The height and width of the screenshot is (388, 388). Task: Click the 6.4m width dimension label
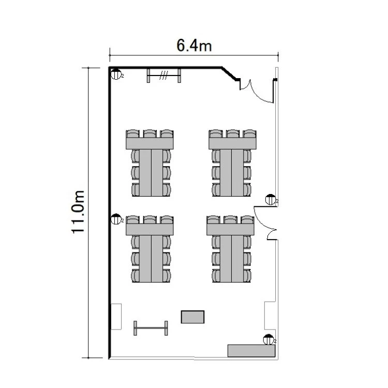194,46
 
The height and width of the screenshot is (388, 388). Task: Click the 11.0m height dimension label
78,212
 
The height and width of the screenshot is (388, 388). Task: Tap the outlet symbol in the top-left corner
116,74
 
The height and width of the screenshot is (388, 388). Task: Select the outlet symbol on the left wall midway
116,219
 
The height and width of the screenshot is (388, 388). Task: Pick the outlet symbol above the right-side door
271,200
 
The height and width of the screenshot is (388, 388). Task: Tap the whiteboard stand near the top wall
164,76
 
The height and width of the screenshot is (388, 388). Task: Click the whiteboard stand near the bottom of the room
151,328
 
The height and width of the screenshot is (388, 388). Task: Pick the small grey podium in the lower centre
192,317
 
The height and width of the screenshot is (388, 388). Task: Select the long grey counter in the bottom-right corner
251,351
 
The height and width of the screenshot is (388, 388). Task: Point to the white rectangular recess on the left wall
116,317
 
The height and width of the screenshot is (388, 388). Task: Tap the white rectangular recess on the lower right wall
270,316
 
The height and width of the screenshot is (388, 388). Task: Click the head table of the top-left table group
150,143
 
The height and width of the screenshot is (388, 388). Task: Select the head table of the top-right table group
232,143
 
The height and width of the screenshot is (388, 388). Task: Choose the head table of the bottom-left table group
150,229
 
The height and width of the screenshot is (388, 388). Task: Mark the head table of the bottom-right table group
230,229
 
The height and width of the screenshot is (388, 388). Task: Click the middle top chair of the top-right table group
232,134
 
